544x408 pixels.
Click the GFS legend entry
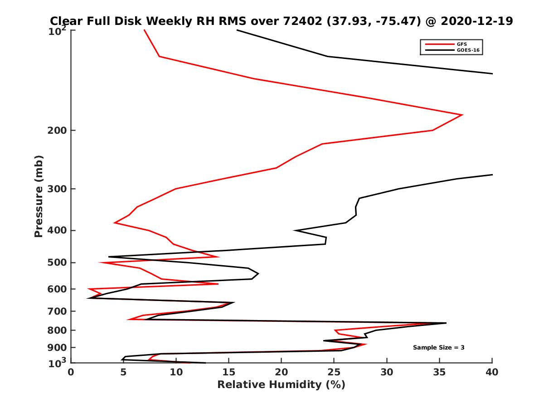point(462,44)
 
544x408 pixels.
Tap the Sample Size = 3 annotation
point(438,348)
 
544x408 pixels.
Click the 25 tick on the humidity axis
point(334,372)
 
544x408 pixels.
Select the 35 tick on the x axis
point(439,372)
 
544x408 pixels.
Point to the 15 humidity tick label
point(229,372)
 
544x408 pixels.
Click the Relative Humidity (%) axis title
point(281,385)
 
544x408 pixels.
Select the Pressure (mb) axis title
point(39,196)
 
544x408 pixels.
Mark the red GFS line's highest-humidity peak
point(462,115)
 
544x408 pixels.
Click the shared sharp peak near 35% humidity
point(446,323)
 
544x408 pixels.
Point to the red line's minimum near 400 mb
point(115,223)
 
